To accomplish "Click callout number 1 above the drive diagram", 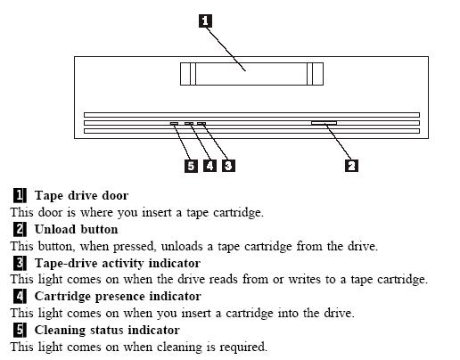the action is click(x=205, y=21).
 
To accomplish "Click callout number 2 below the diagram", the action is click(x=351, y=166).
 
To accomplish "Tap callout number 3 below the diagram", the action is click(x=228, y=166).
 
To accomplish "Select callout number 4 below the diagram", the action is click(x=209, y=166).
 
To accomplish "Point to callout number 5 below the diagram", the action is click(x=191, y=166).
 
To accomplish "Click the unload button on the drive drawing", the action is click(x=324, y=123).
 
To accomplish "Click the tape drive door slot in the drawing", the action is click(x=251, y=74).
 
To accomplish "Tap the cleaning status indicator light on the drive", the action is click(x=174, y=123).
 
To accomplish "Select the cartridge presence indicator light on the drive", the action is click(x=189, y=123).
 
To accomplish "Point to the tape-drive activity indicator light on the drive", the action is click(x=201, y=123).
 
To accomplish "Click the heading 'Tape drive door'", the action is click(x=81, y=195).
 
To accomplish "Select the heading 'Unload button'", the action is click(x=76, y=229).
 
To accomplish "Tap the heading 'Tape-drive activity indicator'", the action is click(x=118, y=263).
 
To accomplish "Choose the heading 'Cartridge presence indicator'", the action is click(x=118, y=297).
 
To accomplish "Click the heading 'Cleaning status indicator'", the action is click(x=107, y=330).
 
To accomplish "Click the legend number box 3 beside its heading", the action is click(x=20, y=263).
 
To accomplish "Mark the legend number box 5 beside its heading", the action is click(x=20, y=330).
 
